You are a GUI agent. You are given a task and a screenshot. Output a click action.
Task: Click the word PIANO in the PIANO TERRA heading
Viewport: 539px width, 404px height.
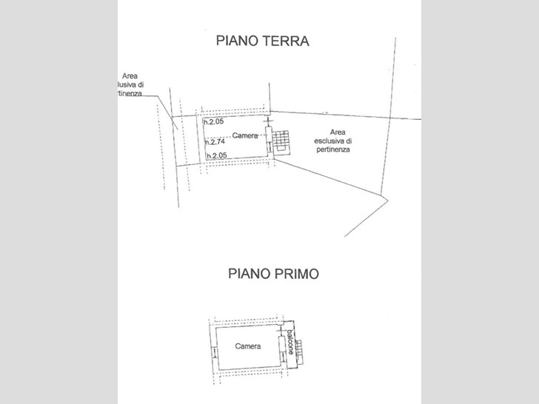[237, 41]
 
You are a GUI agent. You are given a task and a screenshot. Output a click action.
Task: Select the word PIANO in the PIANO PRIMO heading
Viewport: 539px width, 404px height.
[250, 274]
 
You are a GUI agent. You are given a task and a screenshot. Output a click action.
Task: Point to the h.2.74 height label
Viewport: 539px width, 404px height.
[215, 141]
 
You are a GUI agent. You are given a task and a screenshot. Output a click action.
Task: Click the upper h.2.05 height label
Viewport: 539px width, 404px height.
[214, 121]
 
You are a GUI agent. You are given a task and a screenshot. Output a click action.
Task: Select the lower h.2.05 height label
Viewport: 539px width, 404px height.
[217, 155]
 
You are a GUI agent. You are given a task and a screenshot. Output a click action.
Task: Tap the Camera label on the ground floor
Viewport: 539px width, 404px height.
[245, 135]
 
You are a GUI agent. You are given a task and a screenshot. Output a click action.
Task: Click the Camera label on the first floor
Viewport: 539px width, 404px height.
[248, 346]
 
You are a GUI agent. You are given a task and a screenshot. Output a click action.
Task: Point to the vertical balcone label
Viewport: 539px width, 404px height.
[291, 342]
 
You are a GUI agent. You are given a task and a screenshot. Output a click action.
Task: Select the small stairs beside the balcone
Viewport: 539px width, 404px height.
[299, 351]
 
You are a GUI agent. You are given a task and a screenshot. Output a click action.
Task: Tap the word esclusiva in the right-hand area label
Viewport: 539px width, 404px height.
[333, 141]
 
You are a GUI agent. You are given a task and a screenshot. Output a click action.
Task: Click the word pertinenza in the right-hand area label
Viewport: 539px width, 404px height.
[333, 149]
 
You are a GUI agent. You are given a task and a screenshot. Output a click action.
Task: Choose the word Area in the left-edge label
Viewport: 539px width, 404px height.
[130, 76]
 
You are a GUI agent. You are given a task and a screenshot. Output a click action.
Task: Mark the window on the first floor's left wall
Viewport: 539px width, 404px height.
[214, 353]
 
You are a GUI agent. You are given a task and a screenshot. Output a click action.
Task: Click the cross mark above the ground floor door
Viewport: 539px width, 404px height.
[268, 121]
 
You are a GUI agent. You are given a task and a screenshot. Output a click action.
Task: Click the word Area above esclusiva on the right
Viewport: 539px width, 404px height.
[338, 132]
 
